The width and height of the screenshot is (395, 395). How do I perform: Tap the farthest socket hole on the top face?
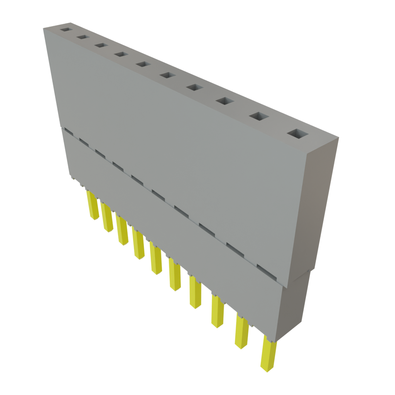coord(66,29)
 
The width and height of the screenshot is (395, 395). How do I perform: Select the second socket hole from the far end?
coord(82,37)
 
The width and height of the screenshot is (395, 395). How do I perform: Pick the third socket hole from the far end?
coord(101,45)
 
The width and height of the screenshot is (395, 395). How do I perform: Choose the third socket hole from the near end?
coord(225,101)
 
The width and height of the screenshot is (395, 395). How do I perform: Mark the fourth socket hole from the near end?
coord(195,88)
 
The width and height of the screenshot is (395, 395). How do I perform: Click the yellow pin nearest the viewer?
coord(268,353)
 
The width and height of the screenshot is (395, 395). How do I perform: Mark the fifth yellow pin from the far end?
coord(155,260)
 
